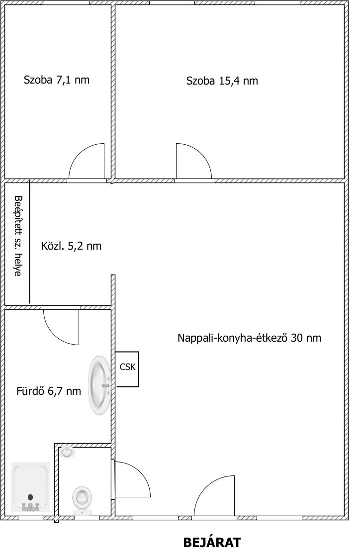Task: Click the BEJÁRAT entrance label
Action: click(212, 543)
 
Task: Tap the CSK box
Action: click(127, 369)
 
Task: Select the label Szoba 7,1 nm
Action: click(56, 80)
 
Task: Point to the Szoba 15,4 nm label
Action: click(222, 81)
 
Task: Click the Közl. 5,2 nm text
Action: click(71, 246)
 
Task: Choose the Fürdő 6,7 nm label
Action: click(49, 391)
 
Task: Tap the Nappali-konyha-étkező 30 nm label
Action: click(249, 338)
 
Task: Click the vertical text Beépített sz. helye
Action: click(17, 236)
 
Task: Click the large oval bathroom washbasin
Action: click(100, 385)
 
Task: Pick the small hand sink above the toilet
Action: click(67, 452)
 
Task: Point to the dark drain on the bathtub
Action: click(30, 497)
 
